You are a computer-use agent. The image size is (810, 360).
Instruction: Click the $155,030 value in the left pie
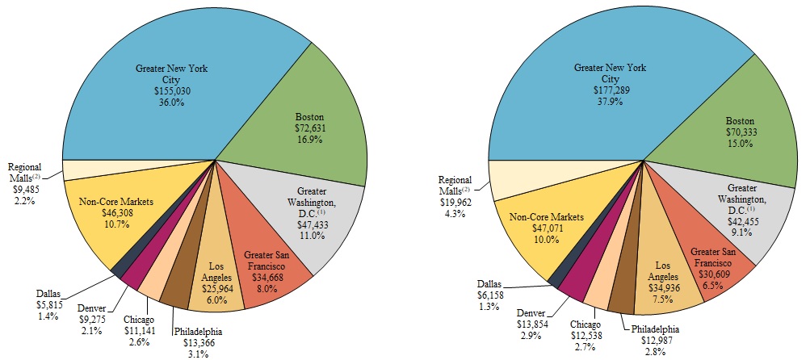click(171, 93)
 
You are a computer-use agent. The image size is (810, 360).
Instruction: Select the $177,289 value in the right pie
click(611, 91)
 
